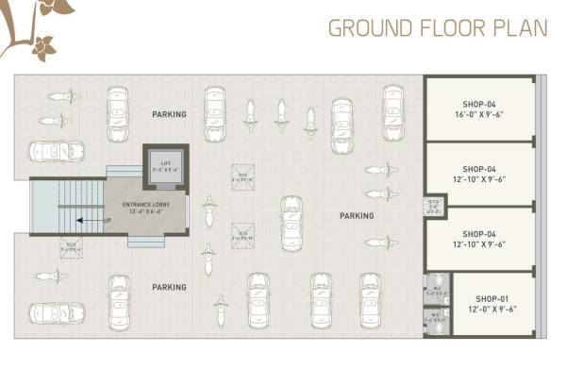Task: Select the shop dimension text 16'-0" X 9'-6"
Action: [x=479, y=114]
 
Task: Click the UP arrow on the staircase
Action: [x=88, y=220]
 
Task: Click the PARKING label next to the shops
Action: [x=357, y=216]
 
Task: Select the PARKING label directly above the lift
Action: [x=170, y=114]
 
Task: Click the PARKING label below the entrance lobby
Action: [x=170, y=287]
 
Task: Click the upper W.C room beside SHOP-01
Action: [x=436, y=290]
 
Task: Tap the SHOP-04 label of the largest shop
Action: [x=479, y=103]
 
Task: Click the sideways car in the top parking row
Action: [x=57, y=151]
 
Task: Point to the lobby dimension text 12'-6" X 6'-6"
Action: [x=146, y=212]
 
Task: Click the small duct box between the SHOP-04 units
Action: [x=434, y=207]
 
